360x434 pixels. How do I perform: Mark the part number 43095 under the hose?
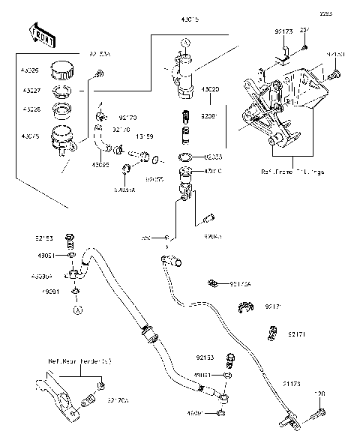click(x=101, y=164)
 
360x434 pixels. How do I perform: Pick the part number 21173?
click(x=294, y=383)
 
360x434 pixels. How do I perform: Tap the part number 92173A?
click(x=241, y=284)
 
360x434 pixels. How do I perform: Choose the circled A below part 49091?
click(x=76, y=308)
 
